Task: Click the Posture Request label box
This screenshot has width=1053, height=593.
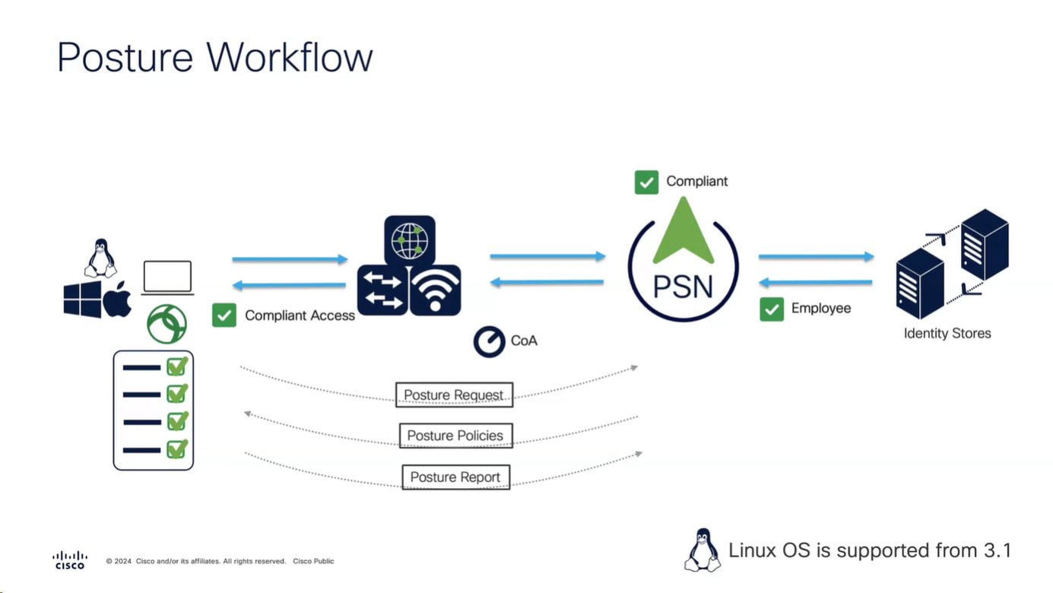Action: tap(454, 395)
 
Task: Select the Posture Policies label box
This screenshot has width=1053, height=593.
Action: tap(455, 436)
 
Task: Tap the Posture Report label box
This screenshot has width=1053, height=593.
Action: tap(455, 477)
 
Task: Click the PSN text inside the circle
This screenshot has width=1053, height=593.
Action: tap(683, 287)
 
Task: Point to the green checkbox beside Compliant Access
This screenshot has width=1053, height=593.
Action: tap(224, 315)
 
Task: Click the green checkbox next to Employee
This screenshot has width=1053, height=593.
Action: tap(772, 309)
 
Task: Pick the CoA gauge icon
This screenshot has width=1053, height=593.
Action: tap(490, 341)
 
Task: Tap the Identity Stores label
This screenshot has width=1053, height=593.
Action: tap(947, 333)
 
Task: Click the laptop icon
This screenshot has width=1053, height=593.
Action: tap(167, 278)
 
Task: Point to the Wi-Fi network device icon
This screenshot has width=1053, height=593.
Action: tap(435, 290)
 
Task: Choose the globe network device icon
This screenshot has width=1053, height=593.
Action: tap(410, 239)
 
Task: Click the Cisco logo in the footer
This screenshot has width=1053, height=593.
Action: tap(70, 560)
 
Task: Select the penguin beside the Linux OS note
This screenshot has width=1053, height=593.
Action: tap(702, 550)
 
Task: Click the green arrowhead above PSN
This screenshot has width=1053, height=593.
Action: tap(683, 230)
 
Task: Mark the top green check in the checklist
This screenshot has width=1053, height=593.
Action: tap(177, 366)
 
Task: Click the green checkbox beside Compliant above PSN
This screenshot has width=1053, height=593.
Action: tap(646, 182)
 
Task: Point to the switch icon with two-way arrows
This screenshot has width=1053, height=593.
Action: tap(382, 290)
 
